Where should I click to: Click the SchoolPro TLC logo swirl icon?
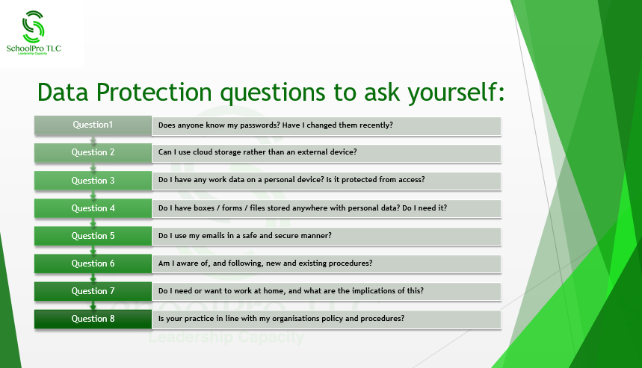[x=33, y=27]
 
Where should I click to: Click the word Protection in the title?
[x=154, y=92]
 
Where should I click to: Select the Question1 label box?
[x=93, y=125]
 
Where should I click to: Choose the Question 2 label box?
[x=93, y=152]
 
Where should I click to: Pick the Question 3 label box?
[x=93, y=181]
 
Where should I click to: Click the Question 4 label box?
[x=93, y=208]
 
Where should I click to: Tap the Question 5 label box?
[x=93, y=236]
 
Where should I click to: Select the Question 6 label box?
[x=93, y=263]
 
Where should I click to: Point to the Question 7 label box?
[x=93, y=291]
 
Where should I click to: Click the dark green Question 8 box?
[x=93, y=319]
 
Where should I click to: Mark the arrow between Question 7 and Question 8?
[x=93, y=305]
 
